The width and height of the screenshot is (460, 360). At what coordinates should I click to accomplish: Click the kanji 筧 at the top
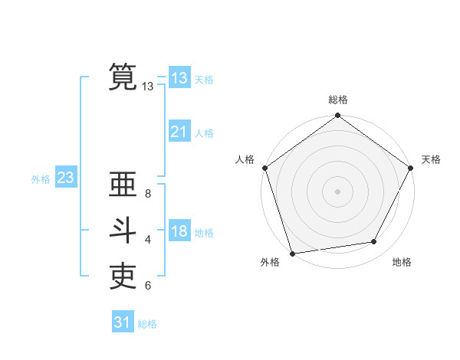click(123, 77)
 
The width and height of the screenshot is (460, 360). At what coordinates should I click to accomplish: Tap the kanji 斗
click(123, 231)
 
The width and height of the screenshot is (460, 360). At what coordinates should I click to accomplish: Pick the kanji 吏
click(123, 277)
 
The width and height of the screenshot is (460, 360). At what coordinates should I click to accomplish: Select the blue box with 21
click(179, 132)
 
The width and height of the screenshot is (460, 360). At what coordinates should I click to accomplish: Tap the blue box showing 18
click(179, 231)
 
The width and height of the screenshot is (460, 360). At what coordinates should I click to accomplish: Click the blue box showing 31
click(122, 322)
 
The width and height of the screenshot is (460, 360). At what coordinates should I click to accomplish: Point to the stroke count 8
click(148, 194)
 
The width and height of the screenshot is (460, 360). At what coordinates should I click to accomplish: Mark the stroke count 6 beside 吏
click(148, 286)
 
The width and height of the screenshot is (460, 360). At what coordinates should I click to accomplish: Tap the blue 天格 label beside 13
click(204, 80)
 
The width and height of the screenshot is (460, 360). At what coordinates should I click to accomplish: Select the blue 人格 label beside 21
click(204, 133)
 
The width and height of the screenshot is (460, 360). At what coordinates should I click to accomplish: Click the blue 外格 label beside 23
click(41, 179)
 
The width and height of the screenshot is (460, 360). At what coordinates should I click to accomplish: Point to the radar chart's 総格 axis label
click(337, 100)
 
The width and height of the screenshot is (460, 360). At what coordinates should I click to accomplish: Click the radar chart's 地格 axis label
click(402, 262)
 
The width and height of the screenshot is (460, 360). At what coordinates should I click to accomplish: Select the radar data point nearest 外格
click(293, 253)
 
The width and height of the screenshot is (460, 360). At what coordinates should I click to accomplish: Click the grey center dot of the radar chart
click(337, 191)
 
